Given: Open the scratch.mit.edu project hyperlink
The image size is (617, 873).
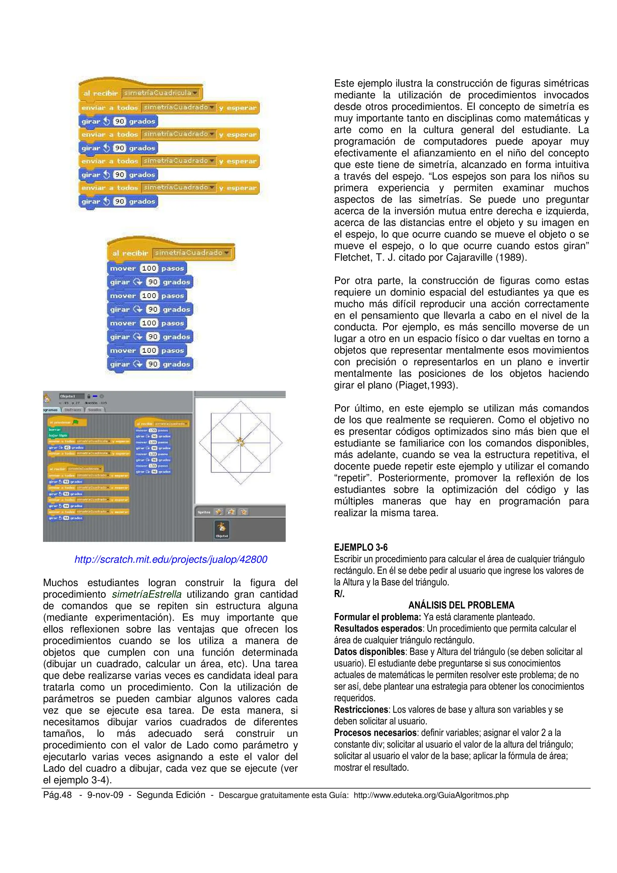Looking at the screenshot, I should (x=171, y=559).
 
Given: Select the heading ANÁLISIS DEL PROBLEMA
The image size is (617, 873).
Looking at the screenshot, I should (x=461, y=605).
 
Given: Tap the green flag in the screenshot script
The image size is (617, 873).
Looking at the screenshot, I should (x=76, y=422).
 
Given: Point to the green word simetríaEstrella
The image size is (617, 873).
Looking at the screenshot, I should (x=146, y=594).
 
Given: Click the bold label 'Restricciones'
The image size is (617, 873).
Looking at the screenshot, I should (x=361, y=709).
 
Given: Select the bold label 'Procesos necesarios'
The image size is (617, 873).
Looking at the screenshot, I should (x=375, y=733).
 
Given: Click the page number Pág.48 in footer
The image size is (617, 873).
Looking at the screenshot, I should (x=58, y=795).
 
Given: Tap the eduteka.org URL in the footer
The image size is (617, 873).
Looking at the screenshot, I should (x=431, y=795).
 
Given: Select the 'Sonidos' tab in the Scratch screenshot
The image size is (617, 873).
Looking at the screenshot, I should (x=95, y=410).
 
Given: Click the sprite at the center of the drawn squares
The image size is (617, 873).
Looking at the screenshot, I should (x=240, y=442).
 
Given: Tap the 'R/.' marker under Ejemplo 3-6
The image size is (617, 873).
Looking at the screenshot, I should (x=339, y=594).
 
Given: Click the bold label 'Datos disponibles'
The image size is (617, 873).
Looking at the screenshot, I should (x=369, y=651).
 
